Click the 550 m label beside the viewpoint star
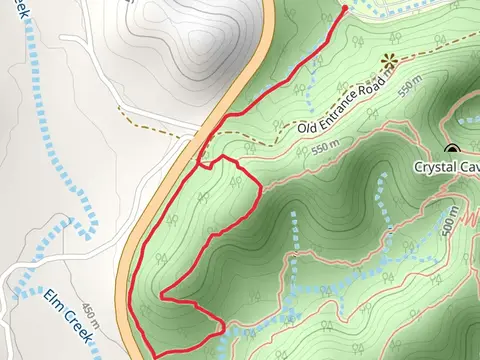403,92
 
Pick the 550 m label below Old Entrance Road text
327,148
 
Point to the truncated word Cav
468,166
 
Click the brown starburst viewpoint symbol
389,62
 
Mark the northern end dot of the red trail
345,8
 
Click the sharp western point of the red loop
162,297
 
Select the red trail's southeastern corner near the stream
223,323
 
